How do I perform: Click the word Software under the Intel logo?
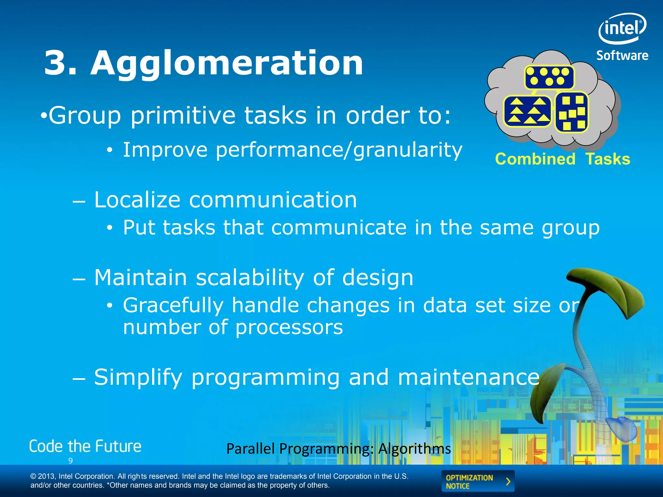pos(622,56)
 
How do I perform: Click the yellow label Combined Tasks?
pos(563,159)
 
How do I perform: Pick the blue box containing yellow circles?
pos(549,77)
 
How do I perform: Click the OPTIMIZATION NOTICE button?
pos(478,481)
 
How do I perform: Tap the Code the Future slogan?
pos(85,447)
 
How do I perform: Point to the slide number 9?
pos(71,461)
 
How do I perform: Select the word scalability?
pos(250,278)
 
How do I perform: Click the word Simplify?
pos(138,377)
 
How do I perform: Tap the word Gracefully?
pos(173,305)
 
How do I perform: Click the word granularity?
pos(408,150)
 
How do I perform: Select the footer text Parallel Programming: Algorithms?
pos(338,449)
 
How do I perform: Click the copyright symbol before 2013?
pos(33,477)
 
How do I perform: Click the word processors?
pos(289,327)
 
